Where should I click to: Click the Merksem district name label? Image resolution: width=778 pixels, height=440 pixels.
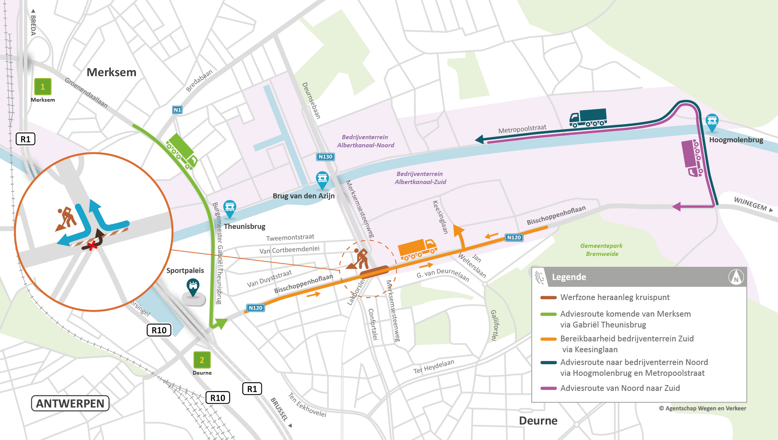click(x=111, y=72)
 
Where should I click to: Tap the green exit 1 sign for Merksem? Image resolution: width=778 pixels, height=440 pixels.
click(x=42, y=87)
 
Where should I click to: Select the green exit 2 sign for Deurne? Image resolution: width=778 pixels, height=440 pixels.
click(x=202, y=360)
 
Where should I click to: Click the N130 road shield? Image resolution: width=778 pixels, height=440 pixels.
click(x=325, y=157)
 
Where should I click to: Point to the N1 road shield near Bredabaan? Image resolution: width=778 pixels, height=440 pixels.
click(x=177, y=110)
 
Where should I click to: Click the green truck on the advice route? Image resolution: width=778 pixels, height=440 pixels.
click(x=181, y=151)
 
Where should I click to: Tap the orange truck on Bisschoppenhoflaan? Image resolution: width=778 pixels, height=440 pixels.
click(x=417, y=248)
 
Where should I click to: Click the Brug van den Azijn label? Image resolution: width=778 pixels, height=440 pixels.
click(x=303, y=196)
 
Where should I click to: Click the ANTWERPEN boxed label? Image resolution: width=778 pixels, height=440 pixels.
click(x=70, y=403)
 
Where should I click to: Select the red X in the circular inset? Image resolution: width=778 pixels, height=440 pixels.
click(x=92, y=246)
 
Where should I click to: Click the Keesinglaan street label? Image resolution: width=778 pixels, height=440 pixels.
click(x=440, y=217)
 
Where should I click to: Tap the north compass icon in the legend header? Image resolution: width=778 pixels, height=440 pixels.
click(x=736, y=277)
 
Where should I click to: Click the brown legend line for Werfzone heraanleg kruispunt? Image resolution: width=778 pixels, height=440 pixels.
click(x=548, y=297)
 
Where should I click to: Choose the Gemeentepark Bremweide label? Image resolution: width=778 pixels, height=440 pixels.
click(x=602, y=250)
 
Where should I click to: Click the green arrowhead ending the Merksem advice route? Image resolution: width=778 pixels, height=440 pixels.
click(x=220, y=323)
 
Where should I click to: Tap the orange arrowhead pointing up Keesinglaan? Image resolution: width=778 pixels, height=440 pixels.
click(x=458, y=230)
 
